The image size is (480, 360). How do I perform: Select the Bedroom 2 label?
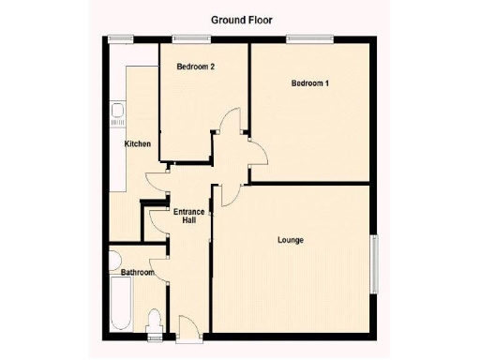(x=197, y=67)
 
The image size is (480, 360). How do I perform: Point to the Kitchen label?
(x=139, y=143)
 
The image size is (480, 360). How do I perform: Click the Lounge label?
(x=290, y=241)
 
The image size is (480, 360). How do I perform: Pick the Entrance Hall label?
(x=188, y=217)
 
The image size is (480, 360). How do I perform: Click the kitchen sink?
(x=117, y=117)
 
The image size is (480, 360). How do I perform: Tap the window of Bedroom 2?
(x=191, y=39)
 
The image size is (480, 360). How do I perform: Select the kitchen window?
(x=119, y=39)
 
